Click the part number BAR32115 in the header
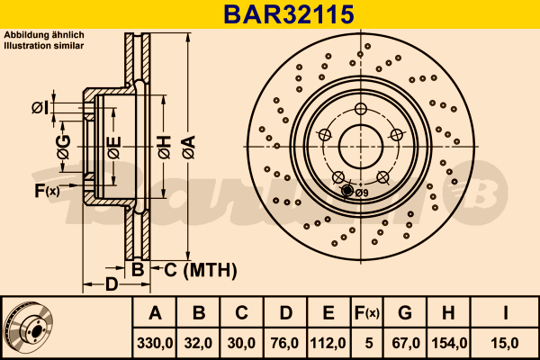point(289,14)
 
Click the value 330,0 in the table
point(155,343)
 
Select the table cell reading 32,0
point(198,343)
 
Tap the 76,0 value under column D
point(284,343)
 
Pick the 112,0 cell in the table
point(328,343)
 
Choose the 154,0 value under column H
point(449,343)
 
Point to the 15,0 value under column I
point(505,343)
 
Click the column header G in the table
point(405,313)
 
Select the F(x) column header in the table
point(367,313)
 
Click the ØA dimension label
point(189,147)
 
